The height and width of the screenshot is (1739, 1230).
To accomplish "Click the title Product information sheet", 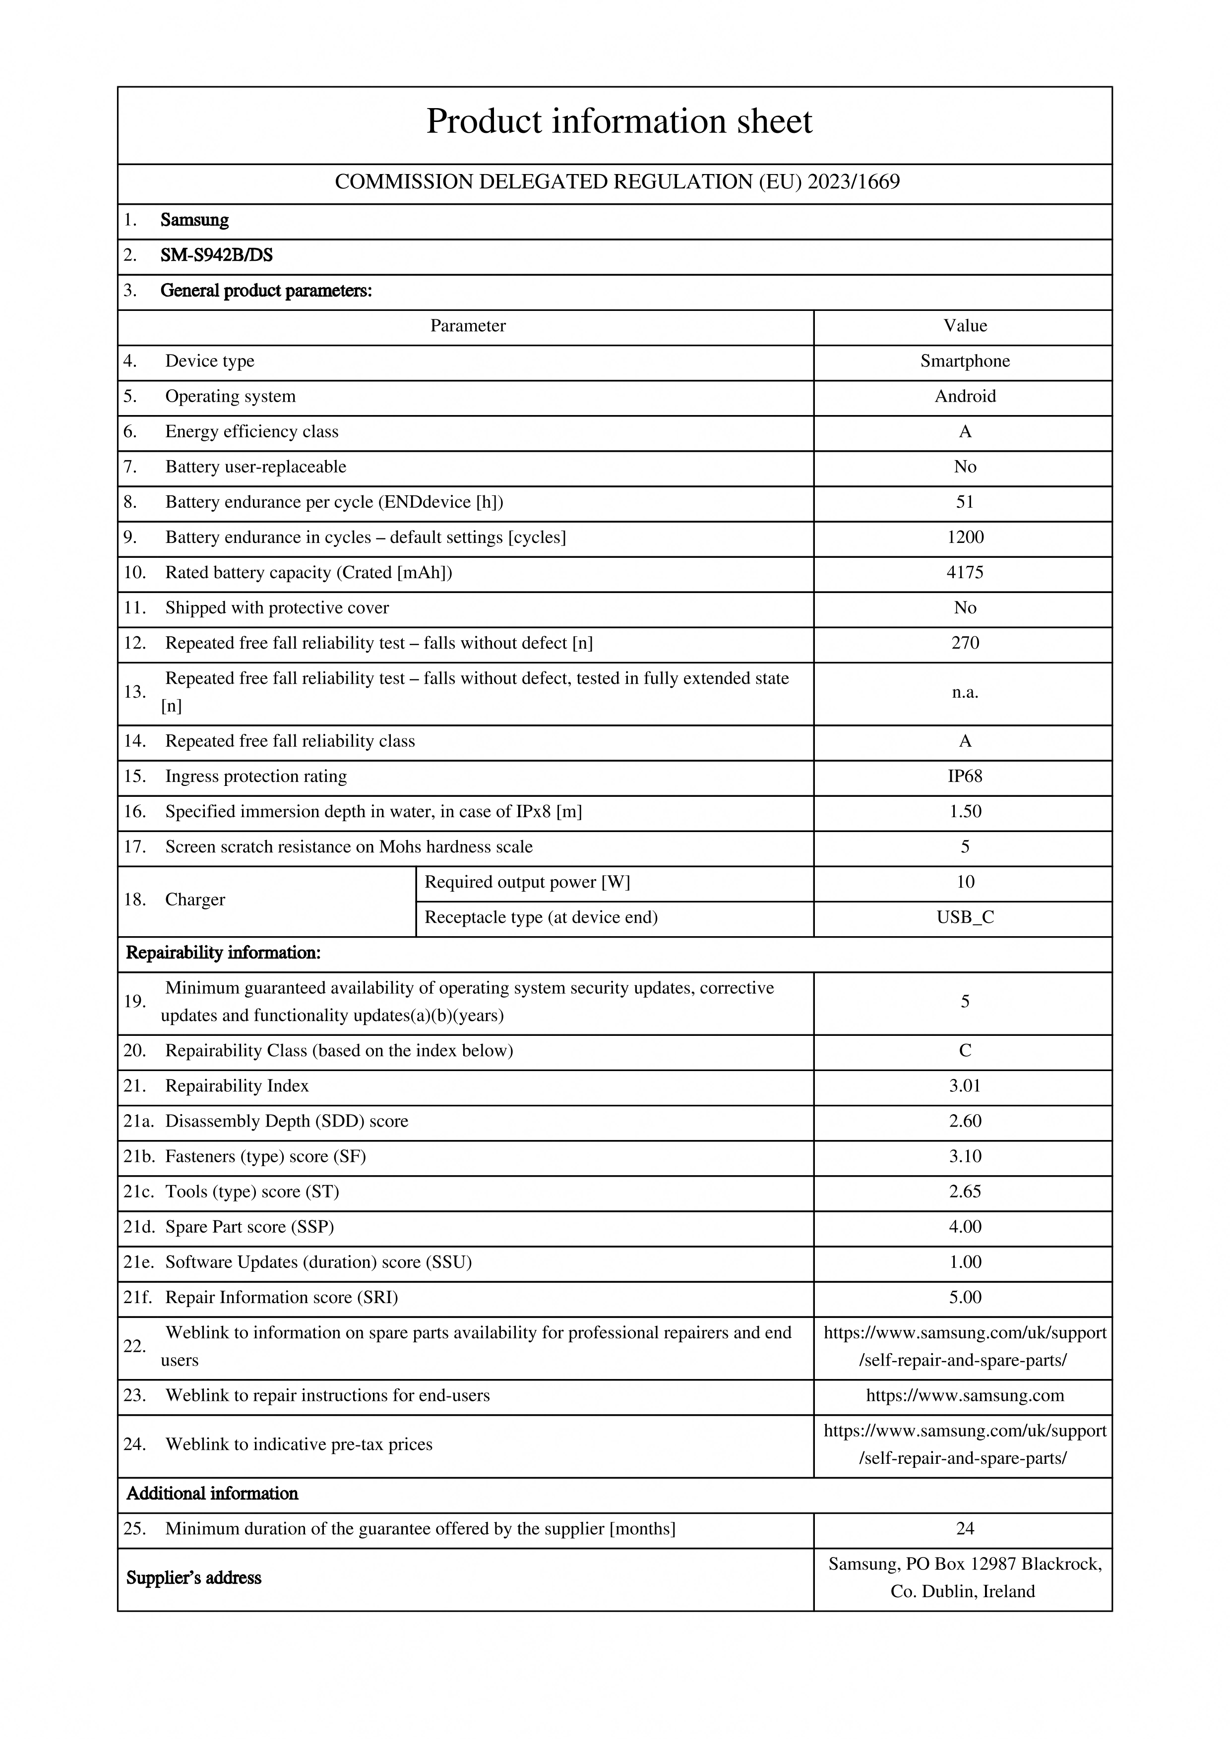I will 619,121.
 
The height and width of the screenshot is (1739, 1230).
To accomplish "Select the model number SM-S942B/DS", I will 217,255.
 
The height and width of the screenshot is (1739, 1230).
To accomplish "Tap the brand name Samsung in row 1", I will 194,220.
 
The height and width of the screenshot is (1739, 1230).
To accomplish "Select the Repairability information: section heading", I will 223,953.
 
